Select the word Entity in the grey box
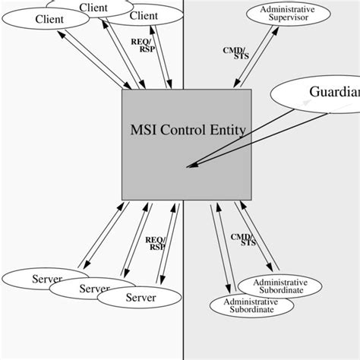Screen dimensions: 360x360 (x=226, y=130)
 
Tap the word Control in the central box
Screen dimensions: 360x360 (x=185, y=130)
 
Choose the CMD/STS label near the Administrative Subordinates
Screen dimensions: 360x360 (x=243, y=240)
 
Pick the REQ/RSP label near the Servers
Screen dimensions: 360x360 (x=156, y=242)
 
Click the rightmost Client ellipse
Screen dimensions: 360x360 (x=144, y=15)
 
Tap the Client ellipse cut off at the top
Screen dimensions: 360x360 (x=93, y=7)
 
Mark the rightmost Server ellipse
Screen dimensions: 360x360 (x=140, y=298)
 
